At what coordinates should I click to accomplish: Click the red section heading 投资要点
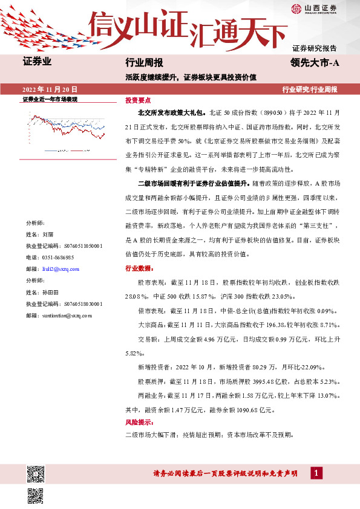pyautogui.click(x=138, y=100)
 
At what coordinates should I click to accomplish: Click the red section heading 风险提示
pyautogui.click(x=139, y=423)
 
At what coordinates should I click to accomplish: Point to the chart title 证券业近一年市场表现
pyautogui.click(x=50, y=99)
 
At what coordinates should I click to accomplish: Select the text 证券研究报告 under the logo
pyautogui.click(x=315, y=47)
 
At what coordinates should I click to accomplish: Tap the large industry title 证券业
pyautogui.click(x=37, y=62)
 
